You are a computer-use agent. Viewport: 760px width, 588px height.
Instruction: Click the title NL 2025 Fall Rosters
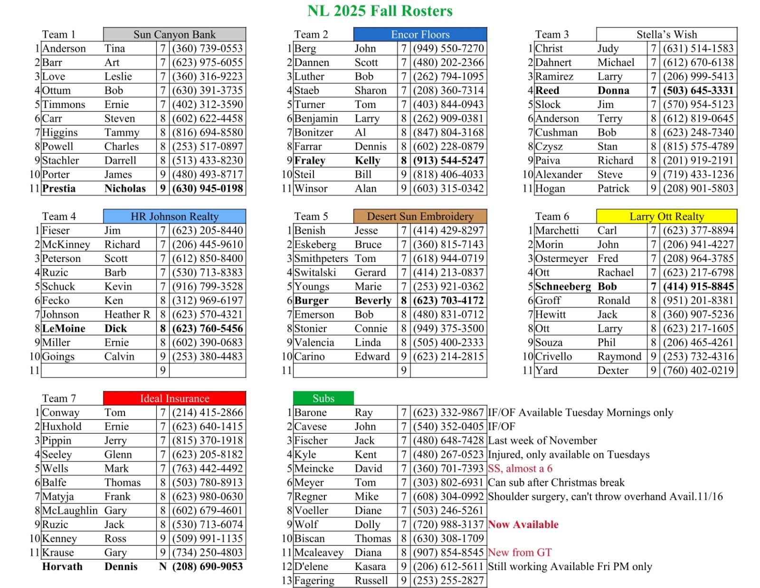tap(380, 11)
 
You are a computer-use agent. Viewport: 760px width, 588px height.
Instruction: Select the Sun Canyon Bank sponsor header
tap(174, 35)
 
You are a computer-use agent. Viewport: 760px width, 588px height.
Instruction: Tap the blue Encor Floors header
tap(420, 35)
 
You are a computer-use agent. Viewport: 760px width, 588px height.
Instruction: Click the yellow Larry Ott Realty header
tap(666, 217)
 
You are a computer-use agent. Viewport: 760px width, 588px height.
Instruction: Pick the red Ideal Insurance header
tap(174, 399)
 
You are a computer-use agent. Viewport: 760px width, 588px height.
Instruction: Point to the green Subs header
tap(323, 399)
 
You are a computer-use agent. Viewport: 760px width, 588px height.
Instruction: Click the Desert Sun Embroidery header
tap(420, 217)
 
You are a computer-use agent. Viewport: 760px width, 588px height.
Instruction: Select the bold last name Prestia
tap(59, 189)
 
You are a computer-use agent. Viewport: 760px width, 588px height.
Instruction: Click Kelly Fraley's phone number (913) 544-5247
tap(448, 161)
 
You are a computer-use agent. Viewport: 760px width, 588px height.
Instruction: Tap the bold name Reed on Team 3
tap(547, 91)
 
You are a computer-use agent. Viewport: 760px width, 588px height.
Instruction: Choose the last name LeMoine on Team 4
tap(64, 329)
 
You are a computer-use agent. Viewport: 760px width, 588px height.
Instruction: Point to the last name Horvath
tap(62, 567)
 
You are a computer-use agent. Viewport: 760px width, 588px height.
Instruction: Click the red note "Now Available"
tap(523, 525)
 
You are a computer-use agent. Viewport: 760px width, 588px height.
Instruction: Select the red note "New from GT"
tap(520, 553)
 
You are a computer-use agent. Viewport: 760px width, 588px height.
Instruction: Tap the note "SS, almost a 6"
tap(520, 469)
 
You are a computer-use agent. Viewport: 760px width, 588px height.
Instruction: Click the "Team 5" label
tap(311, 217)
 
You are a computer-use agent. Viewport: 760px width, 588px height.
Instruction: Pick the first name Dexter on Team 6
tap(613, 371)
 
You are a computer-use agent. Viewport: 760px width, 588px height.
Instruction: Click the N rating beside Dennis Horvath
tap(163, 567)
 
